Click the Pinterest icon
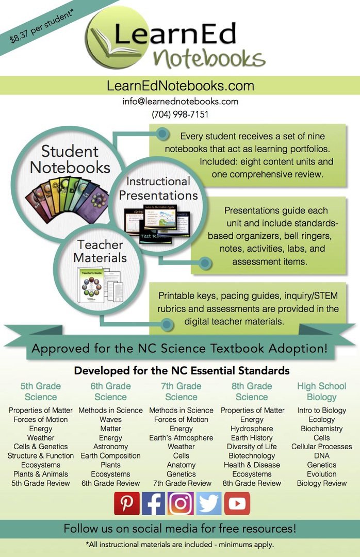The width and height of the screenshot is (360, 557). pos(126,503)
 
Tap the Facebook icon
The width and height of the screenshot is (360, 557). pos(154,503)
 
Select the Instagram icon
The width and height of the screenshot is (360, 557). pos(181,503)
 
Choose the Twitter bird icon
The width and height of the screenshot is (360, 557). pos(209,503)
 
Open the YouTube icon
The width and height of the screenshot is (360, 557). pos(237,503)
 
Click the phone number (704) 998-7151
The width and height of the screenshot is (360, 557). pos(180,114)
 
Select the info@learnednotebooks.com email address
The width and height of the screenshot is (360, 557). pos(180,101)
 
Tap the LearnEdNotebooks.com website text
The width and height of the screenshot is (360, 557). pos(180,86)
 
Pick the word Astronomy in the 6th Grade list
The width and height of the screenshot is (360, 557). pos(110,447)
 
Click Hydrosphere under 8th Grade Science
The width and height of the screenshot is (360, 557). pos(252,429)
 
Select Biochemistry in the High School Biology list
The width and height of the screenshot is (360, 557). pos(322,429)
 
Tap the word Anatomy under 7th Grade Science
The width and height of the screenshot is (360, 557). pos(181,465)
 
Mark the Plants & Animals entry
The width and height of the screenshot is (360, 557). pos(41,474)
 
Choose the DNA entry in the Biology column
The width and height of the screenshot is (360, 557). pos(322,456)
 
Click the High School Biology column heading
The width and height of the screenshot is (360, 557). pos(322,391)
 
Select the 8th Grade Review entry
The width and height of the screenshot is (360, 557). pos(252,483)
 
